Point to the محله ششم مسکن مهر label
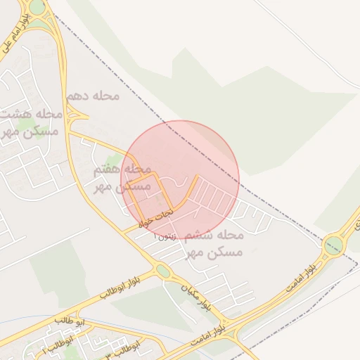pos(214,243)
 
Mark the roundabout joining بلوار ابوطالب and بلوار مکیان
pos(163,271)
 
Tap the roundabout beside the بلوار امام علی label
pos(37,7)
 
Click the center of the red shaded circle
pos(181,179)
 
